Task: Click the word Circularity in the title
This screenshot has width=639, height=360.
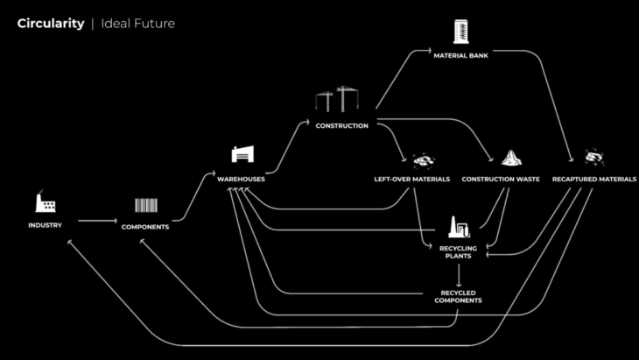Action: coord(50,24)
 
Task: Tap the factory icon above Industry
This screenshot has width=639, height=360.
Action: coord(46,202)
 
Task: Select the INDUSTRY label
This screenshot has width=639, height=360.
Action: coord(46,226)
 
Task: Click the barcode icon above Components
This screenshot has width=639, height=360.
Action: coord(145,206)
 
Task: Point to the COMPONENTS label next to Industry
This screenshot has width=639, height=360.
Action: coord(145,227)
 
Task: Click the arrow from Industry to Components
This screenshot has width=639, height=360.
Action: coord(96,221)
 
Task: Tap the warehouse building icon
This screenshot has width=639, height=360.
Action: coord(242,154)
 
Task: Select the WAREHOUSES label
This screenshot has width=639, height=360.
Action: coord(242,179)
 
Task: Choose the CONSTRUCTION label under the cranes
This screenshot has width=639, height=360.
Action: coord(341,125)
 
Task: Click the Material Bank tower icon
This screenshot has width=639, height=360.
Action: coord(460,32)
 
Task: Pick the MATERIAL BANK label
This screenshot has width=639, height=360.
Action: coord(460,55)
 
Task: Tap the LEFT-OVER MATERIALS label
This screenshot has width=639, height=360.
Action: coord(411,179)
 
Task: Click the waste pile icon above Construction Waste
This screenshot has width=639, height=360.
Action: coord(511,158)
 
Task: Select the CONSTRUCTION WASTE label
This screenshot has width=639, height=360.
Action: coord(501,179)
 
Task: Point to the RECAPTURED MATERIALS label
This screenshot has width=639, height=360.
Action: coord(594,179)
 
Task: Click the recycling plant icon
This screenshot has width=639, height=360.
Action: coord(458,228)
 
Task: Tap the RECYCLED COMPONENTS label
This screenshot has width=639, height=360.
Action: coord(458,296)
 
